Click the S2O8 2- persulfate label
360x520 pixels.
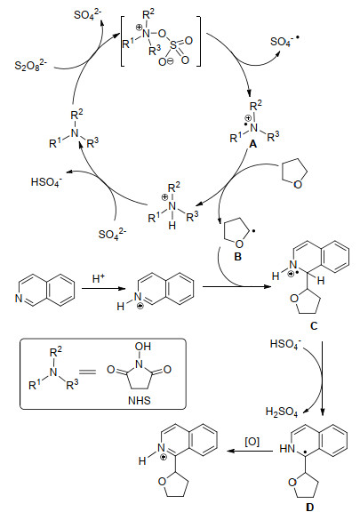tap(31, 64)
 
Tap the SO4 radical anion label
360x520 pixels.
tap(284, 42)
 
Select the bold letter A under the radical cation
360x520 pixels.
tap(253, 144)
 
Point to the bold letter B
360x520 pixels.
tap(237, 257)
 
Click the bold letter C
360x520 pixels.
tap(314, 325)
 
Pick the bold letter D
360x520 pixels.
tap(309, 507)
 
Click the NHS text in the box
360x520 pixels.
tap(140, 401)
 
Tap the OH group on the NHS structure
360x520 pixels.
tap(143, 347)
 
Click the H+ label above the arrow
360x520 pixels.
tap(99, 278)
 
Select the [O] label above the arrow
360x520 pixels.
tap(252, 442)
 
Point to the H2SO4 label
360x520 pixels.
tap(282, 412)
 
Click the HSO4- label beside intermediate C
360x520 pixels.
tap(285, 344)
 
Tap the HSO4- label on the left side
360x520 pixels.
tap(46, 182)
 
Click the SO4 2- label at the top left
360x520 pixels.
tap(88, 15)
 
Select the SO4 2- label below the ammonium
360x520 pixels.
tap(112, 234)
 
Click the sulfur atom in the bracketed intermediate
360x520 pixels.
tap(173, 44)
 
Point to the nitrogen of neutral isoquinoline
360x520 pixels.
tap(19, 299)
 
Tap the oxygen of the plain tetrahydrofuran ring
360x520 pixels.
tap(298, 184)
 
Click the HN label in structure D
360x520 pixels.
tap(287, 449)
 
